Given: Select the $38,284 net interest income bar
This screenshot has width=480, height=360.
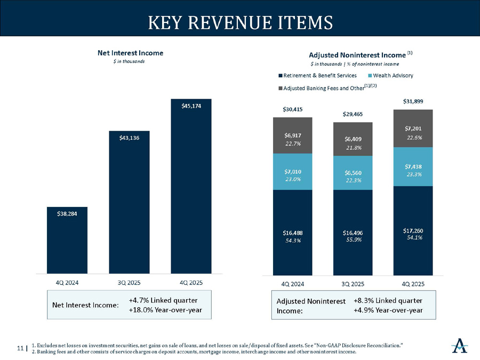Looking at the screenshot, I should [67, 240].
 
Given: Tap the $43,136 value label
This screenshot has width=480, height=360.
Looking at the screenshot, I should [129, 138].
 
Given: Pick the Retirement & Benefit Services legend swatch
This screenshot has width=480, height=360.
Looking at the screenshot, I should [280, 75].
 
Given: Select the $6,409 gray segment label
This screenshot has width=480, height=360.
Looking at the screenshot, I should [353, 139].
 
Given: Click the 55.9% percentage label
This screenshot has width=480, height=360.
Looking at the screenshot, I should [353, 240].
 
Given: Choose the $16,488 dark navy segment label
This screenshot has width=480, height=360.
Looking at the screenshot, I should [292, 233].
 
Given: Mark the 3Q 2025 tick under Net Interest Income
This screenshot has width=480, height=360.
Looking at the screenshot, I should [129, 281].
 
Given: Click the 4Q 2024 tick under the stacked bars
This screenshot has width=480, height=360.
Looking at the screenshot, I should [292, 284].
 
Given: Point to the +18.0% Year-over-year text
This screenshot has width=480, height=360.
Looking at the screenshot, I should [165, 310].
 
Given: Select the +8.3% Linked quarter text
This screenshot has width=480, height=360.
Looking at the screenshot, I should [388, 300].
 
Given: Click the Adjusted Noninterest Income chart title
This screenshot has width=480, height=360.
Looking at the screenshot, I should [357, 55].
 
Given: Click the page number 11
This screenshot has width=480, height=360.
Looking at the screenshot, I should [20, 349].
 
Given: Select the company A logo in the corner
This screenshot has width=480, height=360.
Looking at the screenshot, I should [459, 346].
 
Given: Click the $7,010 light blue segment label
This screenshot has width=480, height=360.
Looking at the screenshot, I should [292, 172].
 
